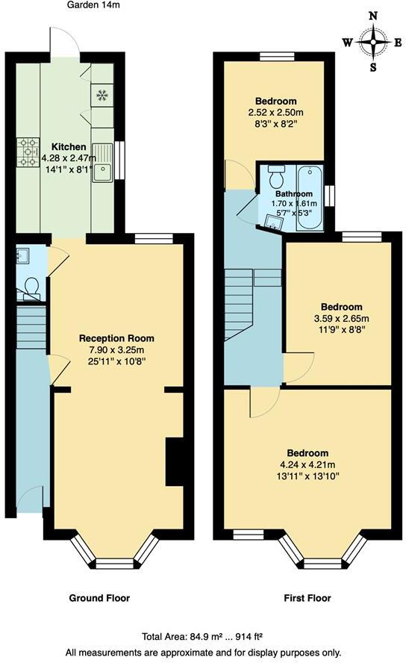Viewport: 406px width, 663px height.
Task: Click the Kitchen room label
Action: [x=68, y=146]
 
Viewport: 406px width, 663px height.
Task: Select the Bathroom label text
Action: [x=293, y=194]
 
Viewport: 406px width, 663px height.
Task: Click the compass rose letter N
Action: [x=372, y=14]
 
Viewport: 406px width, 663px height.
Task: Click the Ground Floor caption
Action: [x=99, y=598]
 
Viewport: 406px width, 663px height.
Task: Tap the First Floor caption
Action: [x=307, y=598]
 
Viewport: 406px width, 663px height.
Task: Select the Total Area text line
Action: [x=203, y=637]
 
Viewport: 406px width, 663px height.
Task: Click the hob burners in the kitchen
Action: [x=30, y=152]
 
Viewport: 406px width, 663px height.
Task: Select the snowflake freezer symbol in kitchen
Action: [x=101, y=95]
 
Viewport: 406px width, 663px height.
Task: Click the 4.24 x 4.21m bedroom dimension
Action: [x=308, y=467]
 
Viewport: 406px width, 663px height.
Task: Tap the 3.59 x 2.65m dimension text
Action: [x=341, y=319]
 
